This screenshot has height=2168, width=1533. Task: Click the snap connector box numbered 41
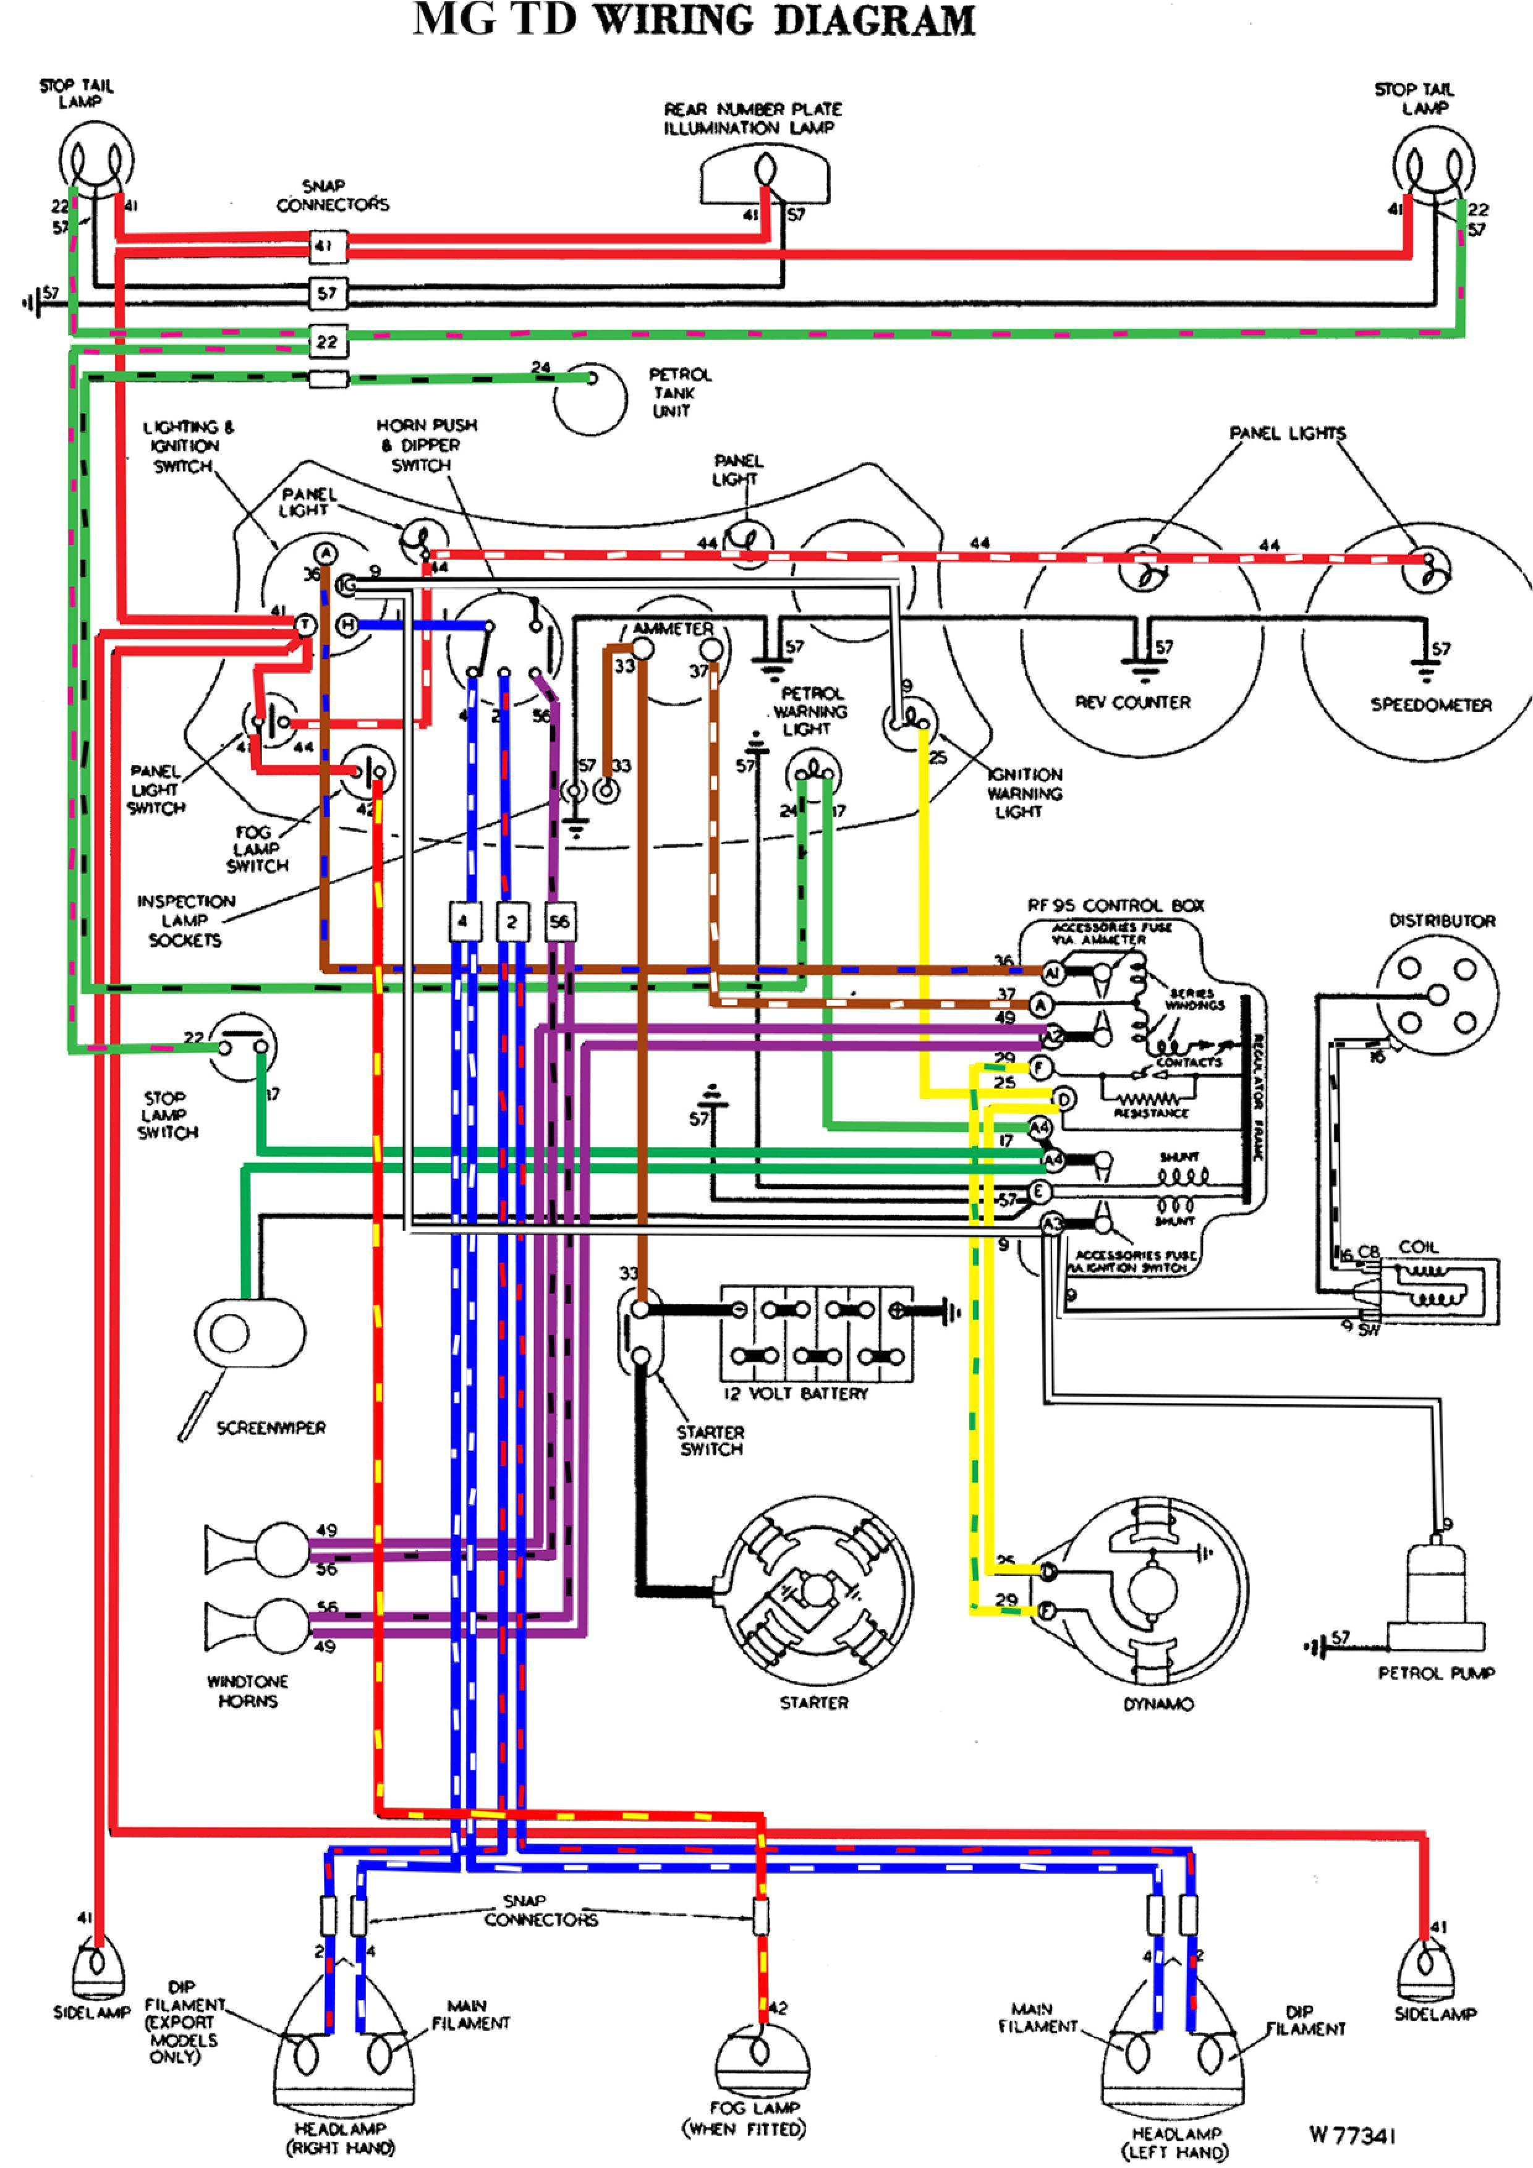pos(327,247)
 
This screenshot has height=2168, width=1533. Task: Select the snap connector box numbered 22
pos(327,341)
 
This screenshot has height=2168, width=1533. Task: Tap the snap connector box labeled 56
pos(560,921)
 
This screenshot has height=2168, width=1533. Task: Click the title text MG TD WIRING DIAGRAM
pos(694,21)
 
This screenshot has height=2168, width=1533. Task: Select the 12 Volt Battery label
pos(796,1394)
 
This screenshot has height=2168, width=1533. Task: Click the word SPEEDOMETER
pos(1430,705)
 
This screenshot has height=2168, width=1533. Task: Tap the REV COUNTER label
pos(1132,703)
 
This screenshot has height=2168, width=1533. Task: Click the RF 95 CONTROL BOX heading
pos(1116,905)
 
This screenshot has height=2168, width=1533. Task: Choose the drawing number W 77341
pos(1353,2135)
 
